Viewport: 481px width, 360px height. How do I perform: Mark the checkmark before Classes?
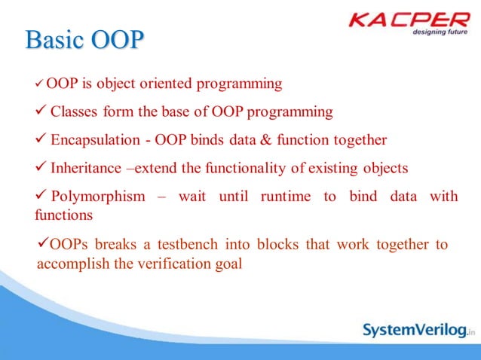41,112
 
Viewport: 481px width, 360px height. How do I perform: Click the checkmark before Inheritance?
41,167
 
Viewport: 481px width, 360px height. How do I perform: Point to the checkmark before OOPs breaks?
42,244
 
